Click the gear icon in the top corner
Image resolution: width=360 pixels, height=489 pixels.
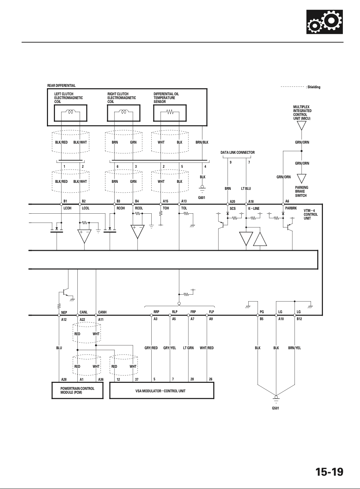[324, 22]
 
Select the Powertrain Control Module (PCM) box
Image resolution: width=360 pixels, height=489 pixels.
[77, 390]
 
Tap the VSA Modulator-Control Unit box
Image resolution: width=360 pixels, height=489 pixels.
[162, 390]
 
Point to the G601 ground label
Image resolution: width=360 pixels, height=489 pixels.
[202, 198]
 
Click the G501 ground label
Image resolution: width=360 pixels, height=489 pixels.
[275, 408]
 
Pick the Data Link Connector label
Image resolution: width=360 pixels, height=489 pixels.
[237, 152]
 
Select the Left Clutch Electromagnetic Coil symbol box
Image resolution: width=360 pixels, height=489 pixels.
[70, 113]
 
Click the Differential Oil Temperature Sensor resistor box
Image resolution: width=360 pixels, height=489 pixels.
[170, 113]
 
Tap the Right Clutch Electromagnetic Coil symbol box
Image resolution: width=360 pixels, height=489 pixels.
[124, 113]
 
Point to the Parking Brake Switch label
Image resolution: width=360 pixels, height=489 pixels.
[302, 192]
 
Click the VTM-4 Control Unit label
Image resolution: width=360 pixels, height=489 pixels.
[311, 214]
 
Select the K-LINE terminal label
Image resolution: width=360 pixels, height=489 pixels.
[254, 208]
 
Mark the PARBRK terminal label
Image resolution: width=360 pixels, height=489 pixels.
[291, 208]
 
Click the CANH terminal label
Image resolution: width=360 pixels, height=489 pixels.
[102, 312]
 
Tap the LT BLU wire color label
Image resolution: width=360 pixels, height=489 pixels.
[246, 188]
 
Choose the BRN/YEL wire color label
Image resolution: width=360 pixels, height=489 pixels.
[294, 348]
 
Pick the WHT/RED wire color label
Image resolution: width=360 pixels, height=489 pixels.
[207, 348]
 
